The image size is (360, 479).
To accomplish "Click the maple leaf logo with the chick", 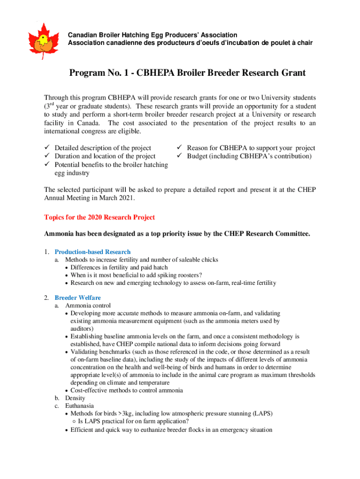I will pyautogui.click(x=43, y=40).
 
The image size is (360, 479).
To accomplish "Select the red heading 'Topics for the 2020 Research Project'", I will pyautogui.click(x=99, y=218).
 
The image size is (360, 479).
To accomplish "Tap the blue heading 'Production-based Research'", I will pyautogui.click(x=93, y=252).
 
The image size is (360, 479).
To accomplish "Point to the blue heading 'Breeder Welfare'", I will pyautogui.click(x=78, y=298).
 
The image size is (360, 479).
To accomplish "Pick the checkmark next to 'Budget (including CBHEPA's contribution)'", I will pyautogui.click(x=180, y=156).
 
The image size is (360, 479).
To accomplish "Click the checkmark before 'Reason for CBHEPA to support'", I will pyautogui.click(x=180, y=148).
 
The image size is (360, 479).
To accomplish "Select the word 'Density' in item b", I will pyautogui.click(x=75, y=398).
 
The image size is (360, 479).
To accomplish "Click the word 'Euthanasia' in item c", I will pyautogui.click(x=79, y=406).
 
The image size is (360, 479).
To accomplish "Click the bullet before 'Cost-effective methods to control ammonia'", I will pyautogui.click(x=67, y=391).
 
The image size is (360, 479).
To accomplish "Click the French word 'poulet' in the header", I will pyautogui.click(x=277, y=43).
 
